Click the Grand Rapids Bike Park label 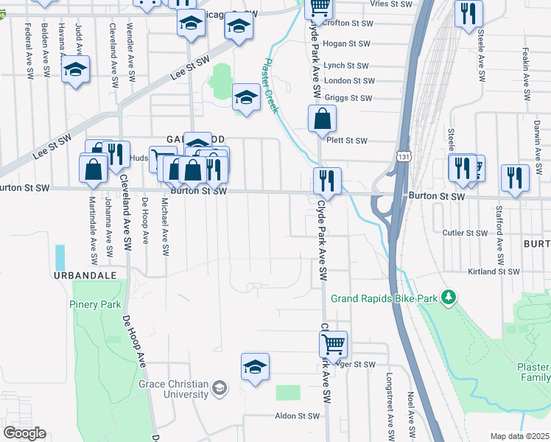click(384, 298)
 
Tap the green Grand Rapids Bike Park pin click(448, 298)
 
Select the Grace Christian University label click(174, 388)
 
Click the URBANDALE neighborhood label click(85, 275)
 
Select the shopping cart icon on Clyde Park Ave click(333, 343)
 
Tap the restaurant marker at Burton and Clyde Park click(327, 180)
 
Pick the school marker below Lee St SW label click(246, 97)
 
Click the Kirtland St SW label click(494, 272)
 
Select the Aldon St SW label click(297, 416)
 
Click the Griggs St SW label click(349, 98)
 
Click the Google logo click(24, 432)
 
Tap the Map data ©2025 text click(520, 436)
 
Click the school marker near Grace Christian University click(255, 366)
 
